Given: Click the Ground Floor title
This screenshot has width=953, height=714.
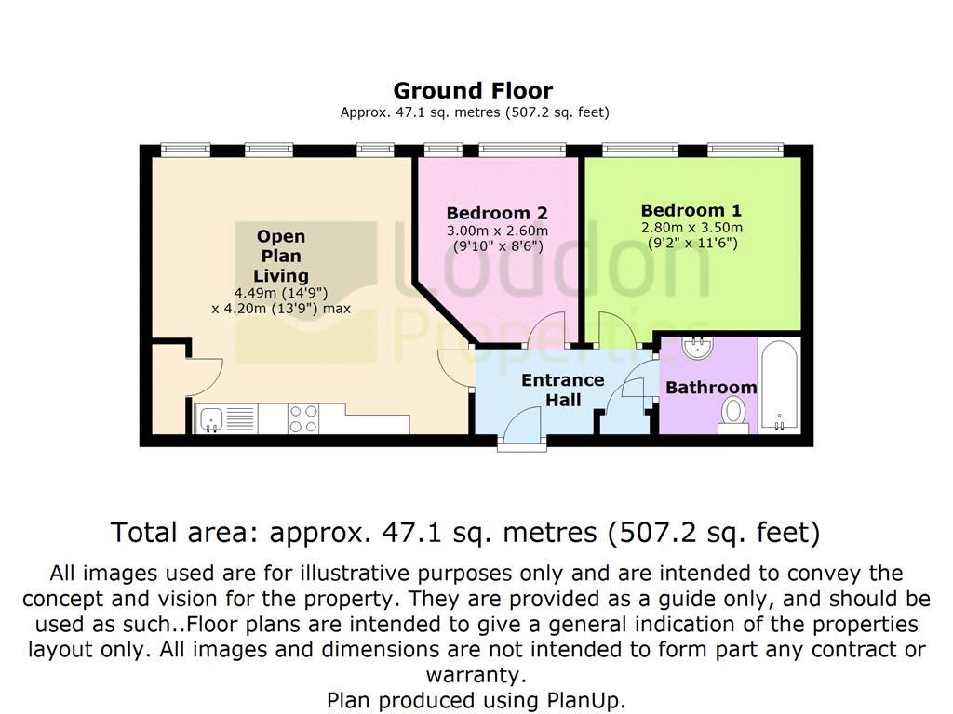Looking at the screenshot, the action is [x=473, y=91].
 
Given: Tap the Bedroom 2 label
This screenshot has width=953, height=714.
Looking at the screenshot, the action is [x=497, y=213].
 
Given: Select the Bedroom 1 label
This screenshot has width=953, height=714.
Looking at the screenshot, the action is [x=691, y=211].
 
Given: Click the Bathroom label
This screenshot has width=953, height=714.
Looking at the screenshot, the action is [x=711, y=388].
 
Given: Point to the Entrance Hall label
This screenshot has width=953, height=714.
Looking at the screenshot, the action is [x=563, y=390].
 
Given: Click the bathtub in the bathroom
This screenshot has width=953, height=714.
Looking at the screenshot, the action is [x=779, y=386].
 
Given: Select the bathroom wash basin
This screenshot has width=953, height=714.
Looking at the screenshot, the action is [x=698, y=348].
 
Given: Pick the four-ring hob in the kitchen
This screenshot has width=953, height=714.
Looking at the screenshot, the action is [x=303, y=419].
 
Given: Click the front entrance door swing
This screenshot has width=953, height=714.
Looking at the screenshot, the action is [x=521, y=424].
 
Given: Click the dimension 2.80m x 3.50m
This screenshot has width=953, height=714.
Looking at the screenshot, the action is [x=691, y=228].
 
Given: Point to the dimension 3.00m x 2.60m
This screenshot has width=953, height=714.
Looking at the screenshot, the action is [x=497, y=231].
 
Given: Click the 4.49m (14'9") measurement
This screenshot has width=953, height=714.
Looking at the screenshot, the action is [x=281, y=293].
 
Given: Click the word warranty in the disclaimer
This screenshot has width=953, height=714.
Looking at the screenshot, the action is [x=473, y=675].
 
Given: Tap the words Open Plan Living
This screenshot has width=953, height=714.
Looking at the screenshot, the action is [x=281, y=256].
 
